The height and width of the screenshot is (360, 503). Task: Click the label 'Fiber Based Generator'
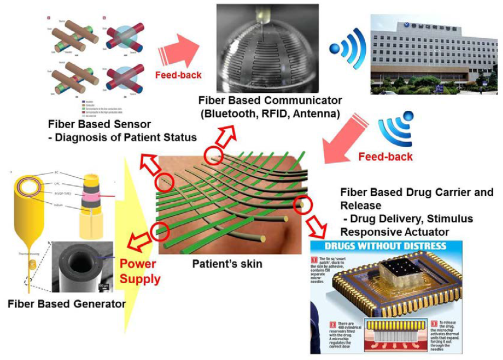click(66, 304)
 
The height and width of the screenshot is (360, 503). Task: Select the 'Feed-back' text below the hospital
click(385, 157)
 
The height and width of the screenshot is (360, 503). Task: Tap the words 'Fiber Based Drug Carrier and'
click(417, 193)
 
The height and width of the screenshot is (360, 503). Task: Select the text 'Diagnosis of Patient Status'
click(126, 137)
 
